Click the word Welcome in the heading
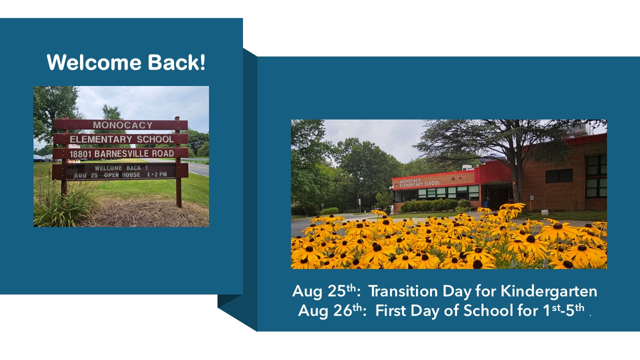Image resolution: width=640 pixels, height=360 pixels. coord(94,62)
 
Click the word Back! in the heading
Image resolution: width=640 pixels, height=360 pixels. coord(176,62)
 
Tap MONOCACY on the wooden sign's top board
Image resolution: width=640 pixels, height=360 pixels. coord(122,125)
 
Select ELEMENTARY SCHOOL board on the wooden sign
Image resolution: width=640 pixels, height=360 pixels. coord(121,139)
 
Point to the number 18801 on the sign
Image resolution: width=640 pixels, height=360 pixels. coord(80,153)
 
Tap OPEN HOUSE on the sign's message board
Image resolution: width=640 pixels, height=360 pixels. coord(122,175)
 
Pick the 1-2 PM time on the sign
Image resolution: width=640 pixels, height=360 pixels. coord(157,174)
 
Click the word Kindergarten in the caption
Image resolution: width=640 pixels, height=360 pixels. coord(548,291)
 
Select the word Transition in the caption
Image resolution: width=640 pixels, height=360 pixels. coord(403,291)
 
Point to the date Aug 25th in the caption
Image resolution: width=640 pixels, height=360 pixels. coord(326,291)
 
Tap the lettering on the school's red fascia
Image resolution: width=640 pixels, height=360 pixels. coord(419,182)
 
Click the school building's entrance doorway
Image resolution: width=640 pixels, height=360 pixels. coord(498,196)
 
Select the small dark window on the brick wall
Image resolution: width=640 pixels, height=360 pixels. coord(559,175)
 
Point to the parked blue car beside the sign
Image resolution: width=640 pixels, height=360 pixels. coord(38,158)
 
